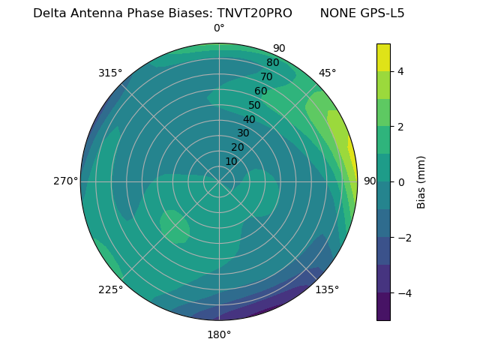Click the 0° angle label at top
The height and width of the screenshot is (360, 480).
(219, 28)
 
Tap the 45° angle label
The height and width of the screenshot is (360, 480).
(327, 73)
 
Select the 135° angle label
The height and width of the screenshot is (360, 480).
(327, 289)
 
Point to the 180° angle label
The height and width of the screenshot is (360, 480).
(219, 334)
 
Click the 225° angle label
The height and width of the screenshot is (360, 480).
(110, 290)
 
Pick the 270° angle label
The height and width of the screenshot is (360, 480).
(66, 181)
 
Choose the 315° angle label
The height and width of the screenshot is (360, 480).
(110, 73)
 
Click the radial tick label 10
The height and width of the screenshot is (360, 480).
(231, 161)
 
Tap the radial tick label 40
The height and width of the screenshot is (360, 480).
(249, 120)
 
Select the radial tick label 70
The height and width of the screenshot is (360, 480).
(266, 76)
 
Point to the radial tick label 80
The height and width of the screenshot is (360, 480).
(272, 63)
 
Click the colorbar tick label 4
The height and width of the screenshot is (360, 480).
(400, 71)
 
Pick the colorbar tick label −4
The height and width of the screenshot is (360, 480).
(403, 292)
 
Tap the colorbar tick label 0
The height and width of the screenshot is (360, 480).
(400, 181)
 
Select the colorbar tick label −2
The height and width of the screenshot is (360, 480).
(403, 237)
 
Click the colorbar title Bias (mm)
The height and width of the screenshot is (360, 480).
(421, 181)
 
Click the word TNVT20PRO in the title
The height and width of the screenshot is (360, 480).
(254, 13)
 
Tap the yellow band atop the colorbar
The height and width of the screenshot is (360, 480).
(383, 57)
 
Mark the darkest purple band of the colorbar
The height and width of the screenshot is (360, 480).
(383, 306)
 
